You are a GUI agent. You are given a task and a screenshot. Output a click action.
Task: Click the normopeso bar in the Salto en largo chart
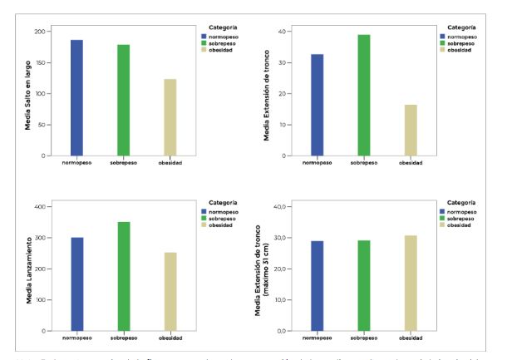pyautogui.click(x=76, y=97)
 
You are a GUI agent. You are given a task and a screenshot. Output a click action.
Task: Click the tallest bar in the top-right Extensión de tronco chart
pyautogui.click(x=364, y=95)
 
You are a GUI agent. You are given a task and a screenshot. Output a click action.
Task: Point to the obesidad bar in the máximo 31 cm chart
pyautogui.click(x=411, y=283)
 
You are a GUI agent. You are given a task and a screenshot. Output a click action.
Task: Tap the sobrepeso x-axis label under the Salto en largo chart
pyautogui.click(x=124, y=163)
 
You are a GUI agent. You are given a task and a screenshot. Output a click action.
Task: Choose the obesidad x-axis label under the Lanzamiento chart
pyautogui.click(x=170, y=338)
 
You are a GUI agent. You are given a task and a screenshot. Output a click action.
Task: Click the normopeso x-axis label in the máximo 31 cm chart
pyautogui.click(x=317, y=338)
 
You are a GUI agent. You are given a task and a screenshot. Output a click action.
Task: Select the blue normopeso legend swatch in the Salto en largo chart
pyautogui.click(x=203, y=37)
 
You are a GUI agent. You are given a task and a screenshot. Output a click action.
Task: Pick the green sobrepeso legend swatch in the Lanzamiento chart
pyautogui.click(x=203, y=219)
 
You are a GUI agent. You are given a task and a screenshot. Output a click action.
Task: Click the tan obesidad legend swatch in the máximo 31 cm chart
pyautogui.click(x=442, y=225)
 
